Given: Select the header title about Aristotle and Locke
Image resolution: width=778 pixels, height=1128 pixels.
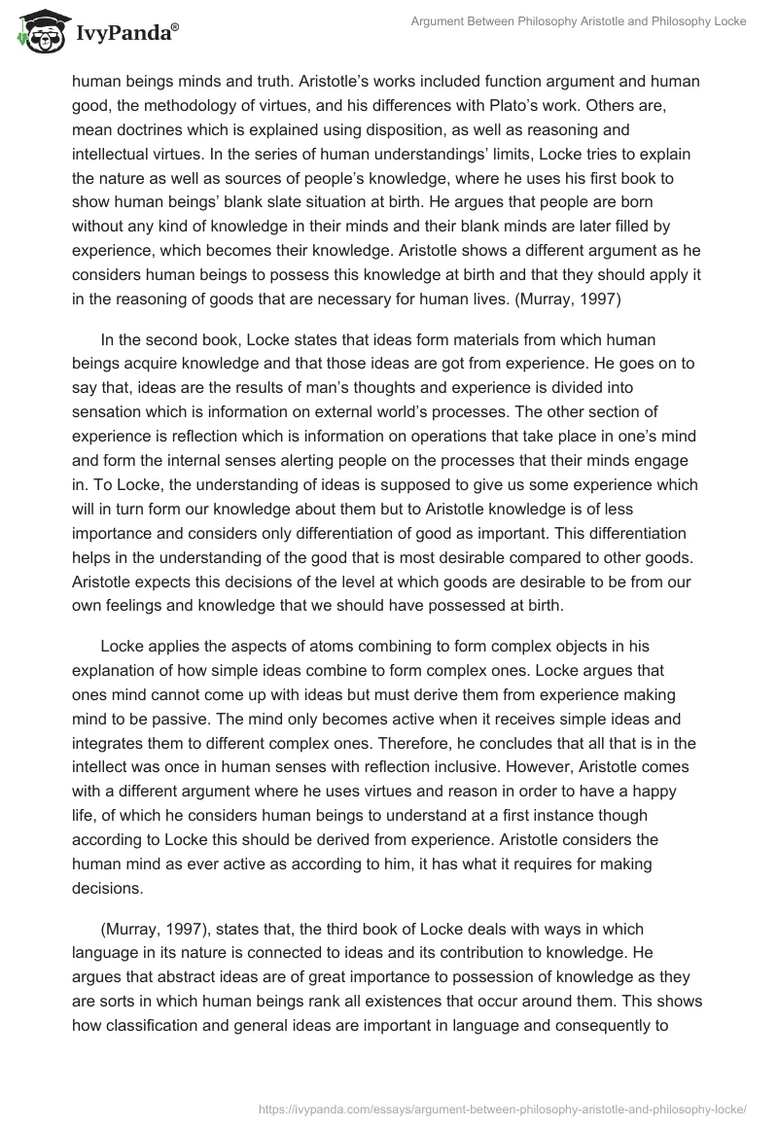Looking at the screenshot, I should (571, 21).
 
